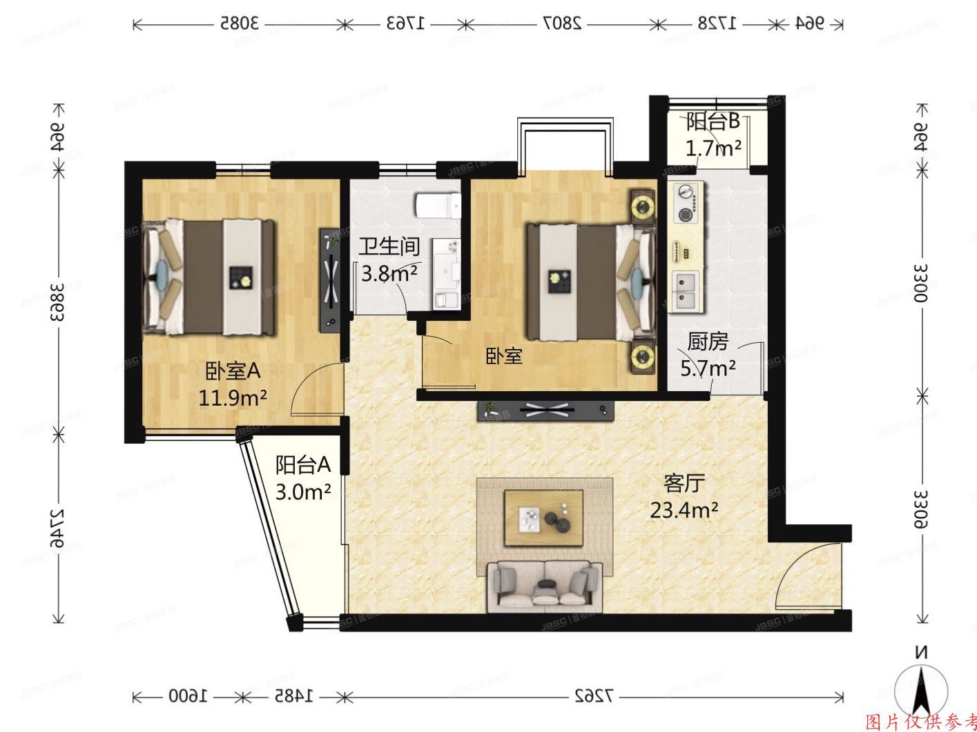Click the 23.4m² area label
684,511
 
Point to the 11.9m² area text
233,398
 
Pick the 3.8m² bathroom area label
389,274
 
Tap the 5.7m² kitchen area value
708,368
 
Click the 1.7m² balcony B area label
713,148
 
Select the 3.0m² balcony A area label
303,492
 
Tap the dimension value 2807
563,23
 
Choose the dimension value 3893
58,301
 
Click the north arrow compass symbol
920,686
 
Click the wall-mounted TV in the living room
545,410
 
